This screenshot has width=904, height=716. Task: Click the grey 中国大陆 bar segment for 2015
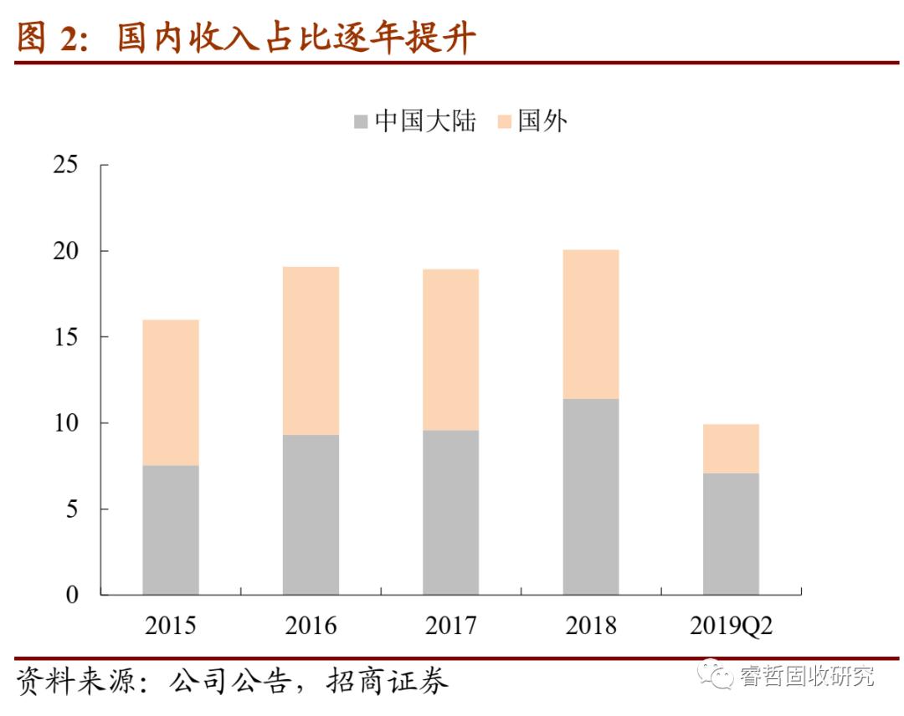click(x=171, y=529)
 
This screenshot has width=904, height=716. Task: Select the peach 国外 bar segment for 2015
click(x=171, y=392)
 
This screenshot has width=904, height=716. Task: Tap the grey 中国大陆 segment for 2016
click(x=311, y=514)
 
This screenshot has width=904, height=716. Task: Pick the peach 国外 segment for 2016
click(x=311, y=350)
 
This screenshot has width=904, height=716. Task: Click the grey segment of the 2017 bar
click(x=450, y=512)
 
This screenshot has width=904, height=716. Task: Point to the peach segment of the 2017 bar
click(x=450, y=350)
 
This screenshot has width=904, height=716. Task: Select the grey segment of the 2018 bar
click(x=591, y=496)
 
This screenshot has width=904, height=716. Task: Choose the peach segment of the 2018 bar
click(x=591, y=324)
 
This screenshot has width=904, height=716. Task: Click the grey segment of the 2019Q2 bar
click(x=731, y=534)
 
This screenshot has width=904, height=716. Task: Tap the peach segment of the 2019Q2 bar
click(x=731, y=448)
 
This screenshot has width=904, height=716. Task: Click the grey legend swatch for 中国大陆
click(x=362, y=122)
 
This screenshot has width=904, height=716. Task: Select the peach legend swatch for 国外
click(x=504, y=122)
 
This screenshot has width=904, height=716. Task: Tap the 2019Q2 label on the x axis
click(x=731, y=626)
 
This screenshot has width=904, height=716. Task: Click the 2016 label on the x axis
click(x=311, y=626)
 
